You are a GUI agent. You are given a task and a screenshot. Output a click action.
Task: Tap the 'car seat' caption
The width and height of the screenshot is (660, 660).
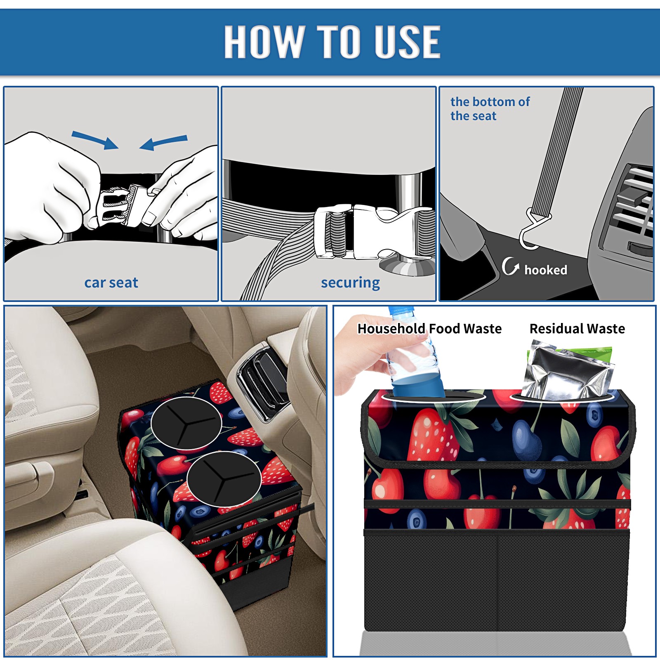[x=111, y=283]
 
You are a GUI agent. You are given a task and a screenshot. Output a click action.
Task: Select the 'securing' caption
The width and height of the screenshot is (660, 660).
[x=350, y=283]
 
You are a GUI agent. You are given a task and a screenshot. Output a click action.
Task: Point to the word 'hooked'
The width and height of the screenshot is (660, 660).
[x=545, y=270]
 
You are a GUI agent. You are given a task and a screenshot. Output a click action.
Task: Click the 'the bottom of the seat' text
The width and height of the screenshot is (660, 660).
[x=490, y=108]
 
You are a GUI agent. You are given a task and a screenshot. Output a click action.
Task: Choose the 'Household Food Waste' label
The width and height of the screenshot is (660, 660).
[x=429, y=328]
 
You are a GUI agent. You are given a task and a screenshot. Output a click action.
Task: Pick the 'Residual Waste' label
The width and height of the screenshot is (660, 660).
[x=577, y=328]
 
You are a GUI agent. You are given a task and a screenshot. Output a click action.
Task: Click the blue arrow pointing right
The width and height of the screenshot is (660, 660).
[x=95, y=139]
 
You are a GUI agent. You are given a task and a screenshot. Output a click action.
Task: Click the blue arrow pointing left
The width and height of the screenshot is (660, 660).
[x=163, y=142]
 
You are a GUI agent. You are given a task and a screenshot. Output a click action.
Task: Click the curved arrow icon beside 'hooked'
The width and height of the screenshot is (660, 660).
[x=510, y=266]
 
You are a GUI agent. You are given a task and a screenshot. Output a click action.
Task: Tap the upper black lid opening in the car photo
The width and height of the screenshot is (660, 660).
[x=186, y=423]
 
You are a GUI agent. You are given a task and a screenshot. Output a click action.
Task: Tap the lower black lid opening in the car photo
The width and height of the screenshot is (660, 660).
[x=224, y=479]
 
